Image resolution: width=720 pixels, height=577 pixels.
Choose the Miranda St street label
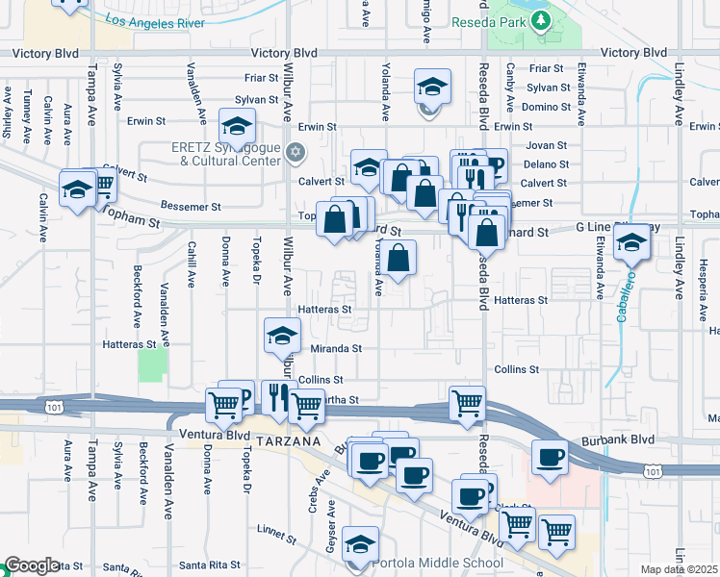click(335, 349)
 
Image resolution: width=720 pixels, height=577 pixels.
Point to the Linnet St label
click(278, 530)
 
